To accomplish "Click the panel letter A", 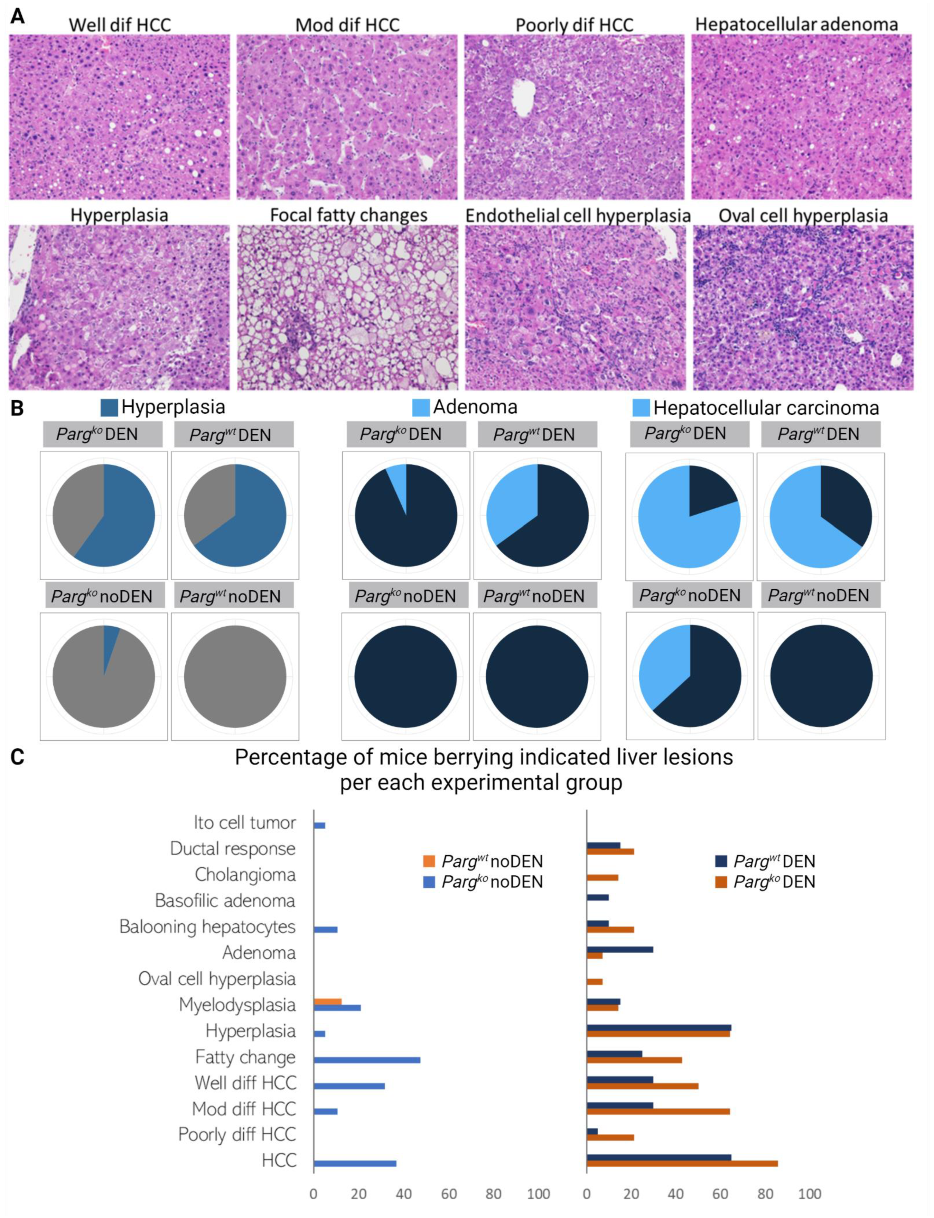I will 17,17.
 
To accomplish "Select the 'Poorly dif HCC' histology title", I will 574,25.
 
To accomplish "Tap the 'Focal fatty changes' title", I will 348,215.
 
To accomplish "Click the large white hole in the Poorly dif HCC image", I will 523,97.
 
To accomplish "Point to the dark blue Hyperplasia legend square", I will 109,407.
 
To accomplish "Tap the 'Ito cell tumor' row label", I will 245,823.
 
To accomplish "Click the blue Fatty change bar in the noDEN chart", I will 367,1060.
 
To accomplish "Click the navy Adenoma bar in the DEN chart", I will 620,949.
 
